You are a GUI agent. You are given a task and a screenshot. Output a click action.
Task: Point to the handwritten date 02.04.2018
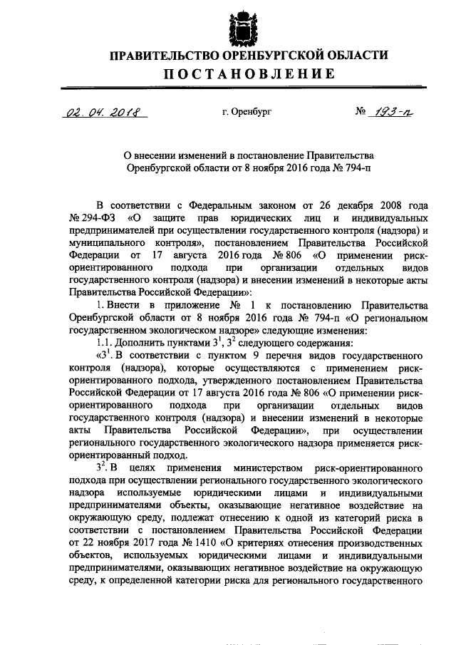click(102, 112)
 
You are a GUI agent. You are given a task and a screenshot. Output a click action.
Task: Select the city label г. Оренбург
click(247, 112)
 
